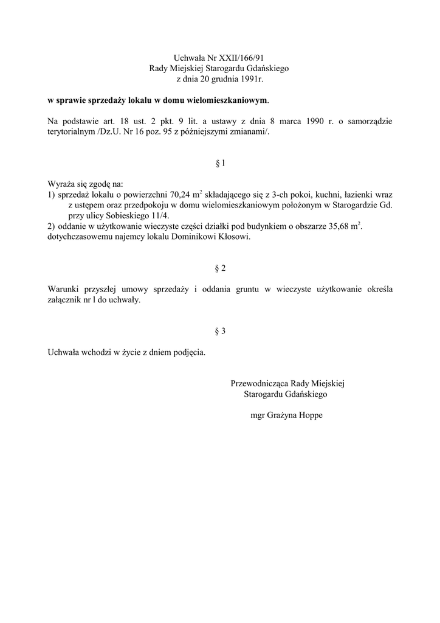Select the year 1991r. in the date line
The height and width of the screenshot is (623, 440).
(252, 79)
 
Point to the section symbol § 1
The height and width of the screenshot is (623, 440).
(220, 163)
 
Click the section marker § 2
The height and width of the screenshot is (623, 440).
(220, 268)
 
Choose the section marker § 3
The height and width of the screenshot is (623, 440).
(220, 332)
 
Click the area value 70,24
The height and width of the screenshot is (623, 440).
(180, 195)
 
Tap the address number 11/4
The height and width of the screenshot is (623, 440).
(163, 215)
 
